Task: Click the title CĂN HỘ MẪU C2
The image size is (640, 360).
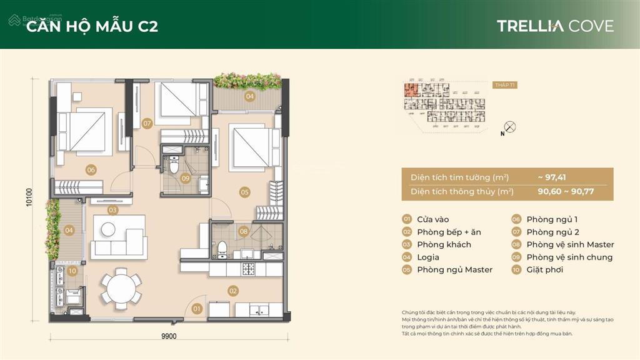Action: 91,26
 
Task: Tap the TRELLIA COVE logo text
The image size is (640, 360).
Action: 555,26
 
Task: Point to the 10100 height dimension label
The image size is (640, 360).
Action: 29,199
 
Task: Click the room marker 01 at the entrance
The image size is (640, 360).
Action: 197,308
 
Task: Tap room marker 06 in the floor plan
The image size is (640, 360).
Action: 91,169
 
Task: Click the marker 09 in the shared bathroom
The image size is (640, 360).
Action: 186,178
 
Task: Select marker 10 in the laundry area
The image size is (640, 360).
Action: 72,271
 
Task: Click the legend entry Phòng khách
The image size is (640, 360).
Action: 444,244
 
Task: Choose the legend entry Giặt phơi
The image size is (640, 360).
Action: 544,269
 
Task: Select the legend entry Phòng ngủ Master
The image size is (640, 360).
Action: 454,269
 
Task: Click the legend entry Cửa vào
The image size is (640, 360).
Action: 433,219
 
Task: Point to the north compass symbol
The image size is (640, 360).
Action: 509,127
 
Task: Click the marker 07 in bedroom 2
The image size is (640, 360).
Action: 147,123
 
